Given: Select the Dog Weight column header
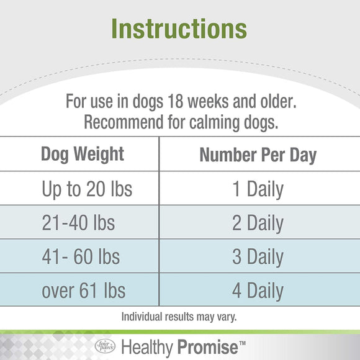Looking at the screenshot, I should tap(83, 154).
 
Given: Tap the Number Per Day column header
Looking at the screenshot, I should tap(258, 155).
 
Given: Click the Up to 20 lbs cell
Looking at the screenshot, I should tap(87, 189).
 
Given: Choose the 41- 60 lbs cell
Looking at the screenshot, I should tap(81, 256).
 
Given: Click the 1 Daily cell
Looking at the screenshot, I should tap(258, 189).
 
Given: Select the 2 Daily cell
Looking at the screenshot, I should tap(258, 222).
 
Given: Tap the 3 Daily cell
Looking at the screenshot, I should tap(258, 256).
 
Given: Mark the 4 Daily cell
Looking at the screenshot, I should tap(258, 290).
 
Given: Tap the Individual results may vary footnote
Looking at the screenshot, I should tap(180, 317).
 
